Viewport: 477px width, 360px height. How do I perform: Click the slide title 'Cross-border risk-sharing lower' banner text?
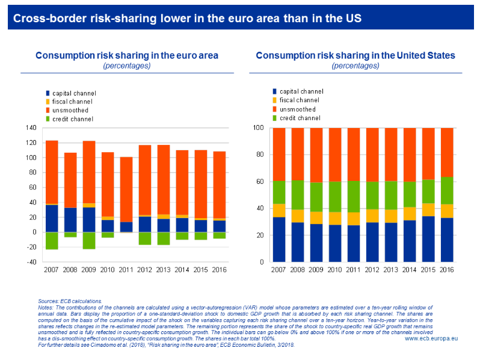coord(187,18)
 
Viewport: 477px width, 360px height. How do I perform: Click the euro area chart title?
coord(126,55)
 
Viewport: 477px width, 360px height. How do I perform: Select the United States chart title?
coord(355,55)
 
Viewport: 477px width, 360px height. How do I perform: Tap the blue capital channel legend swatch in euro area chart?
coord(48,93)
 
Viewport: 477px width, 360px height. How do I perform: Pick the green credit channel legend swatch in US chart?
coord(275,118)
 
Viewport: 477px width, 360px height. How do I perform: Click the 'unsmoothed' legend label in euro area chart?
coord(70,111)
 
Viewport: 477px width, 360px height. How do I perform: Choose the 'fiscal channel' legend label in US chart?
coord(300,100)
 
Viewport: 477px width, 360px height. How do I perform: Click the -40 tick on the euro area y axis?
coord(30,263)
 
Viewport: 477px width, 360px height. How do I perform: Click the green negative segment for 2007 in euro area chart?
coord(52,240)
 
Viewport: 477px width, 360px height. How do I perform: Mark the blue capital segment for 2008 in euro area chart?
coord(70,220)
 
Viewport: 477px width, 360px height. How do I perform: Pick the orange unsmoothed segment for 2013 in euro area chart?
coord(164,180)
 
